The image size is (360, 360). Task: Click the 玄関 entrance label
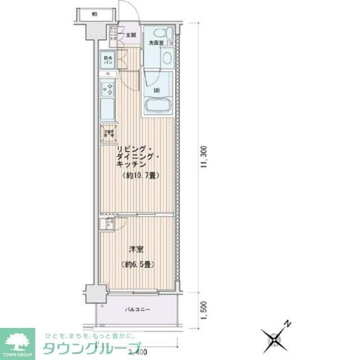point(131,35)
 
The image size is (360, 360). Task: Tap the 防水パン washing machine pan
point(107,59)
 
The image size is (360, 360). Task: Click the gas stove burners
point(107,88)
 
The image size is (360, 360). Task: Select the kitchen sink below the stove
point(107,109)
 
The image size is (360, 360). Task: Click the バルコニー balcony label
point(137,309)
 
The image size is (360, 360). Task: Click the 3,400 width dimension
point(137,353)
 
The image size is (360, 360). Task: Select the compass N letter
point(287,324)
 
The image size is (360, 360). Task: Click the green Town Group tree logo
point(17,340)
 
